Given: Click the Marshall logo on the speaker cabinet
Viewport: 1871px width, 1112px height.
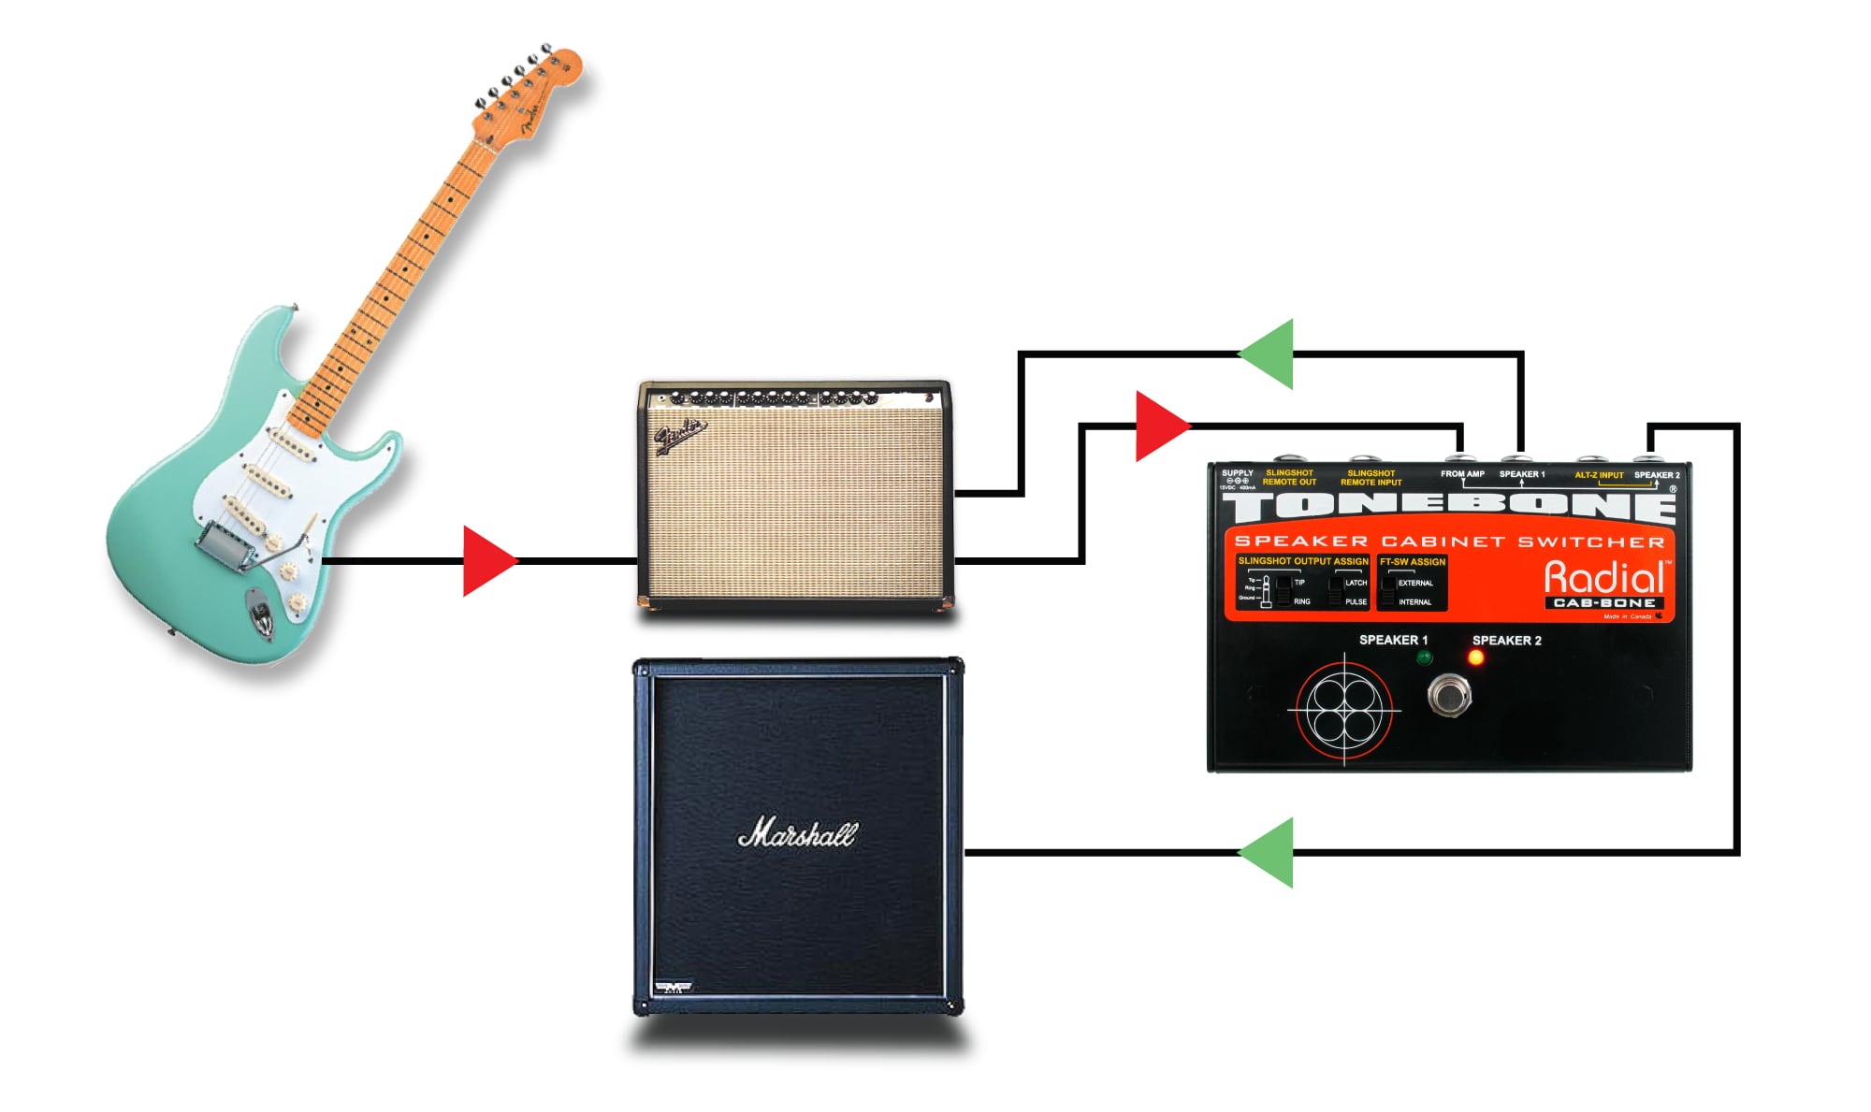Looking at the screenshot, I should point(797,833).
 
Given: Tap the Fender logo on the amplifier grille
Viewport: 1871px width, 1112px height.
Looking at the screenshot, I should point(680,435).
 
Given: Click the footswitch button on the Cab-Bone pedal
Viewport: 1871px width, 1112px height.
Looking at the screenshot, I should point(1449,695).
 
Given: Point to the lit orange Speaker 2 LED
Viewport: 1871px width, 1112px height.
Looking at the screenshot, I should point(1476,658).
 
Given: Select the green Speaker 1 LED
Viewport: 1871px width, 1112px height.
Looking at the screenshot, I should point(1424,657).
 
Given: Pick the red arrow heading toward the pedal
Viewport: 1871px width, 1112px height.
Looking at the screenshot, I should point(1161,426).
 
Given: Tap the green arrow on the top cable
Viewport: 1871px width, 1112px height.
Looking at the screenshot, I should point(1268,354).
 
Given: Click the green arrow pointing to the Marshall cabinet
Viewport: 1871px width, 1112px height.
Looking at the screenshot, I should point(1268,852).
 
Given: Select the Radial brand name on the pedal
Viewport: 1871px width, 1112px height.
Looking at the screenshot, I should point(1603,577).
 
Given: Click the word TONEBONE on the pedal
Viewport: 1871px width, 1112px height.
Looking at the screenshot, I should point(1448,508).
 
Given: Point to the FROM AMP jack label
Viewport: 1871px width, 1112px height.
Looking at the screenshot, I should point(1462,474).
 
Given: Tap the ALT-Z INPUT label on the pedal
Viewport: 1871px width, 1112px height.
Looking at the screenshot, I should point(1599,475).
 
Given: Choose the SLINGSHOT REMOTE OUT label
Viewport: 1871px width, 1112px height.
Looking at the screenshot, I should point(1289,477).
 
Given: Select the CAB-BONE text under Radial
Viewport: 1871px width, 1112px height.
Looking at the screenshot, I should point(1603,603).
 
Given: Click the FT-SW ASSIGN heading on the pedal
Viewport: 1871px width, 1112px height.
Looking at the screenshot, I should point(1413,562).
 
